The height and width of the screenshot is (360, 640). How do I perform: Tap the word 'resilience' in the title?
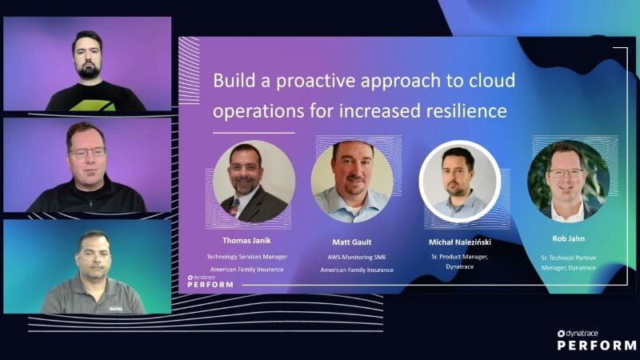[x=466, y=110]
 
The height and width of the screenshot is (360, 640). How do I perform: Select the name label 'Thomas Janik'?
[x=246, y=239]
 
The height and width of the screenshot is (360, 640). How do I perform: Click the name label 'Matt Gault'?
[x=353, y=241]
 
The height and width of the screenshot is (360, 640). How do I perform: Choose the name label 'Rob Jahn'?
[x=568, y=238]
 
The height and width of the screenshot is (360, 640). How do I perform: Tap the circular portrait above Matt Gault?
[x=352, y=181]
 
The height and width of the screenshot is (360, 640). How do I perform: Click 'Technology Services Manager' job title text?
[x=246, y=257]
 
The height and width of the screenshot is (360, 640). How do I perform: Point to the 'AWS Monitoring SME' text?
[x=357, y=257]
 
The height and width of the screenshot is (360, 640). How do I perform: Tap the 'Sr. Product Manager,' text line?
[x=461, y=257]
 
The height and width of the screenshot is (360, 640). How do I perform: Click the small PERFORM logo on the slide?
[x=210, y=281]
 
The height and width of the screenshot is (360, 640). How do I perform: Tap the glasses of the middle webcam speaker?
[x=86, y=151]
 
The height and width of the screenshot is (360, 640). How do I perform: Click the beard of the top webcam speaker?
[x=87, y=70]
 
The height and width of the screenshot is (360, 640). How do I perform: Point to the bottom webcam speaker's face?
[x=94, y=258]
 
